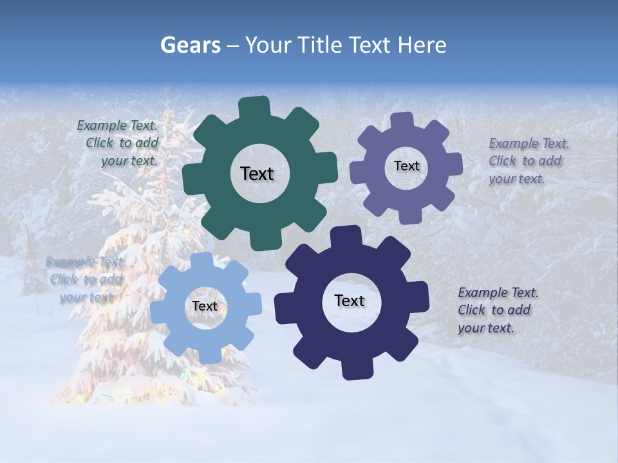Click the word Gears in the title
tap(190, 46)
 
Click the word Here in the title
tap(422, 46)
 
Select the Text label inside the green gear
tap(257, 174)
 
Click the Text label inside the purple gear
tap(406, 166)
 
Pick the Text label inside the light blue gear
tap(205, 306)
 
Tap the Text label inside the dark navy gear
tap(350, 300)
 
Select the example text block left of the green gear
tap(118, 143)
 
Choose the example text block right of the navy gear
tap(497, 310)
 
